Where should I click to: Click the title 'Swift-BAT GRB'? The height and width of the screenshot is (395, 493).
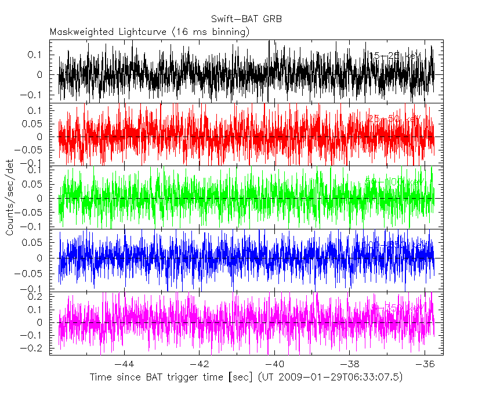tap(246, 19)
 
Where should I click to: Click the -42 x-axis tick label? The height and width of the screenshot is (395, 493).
tap(199, 364)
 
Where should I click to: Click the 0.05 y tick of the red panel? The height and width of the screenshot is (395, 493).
tap(36, 124)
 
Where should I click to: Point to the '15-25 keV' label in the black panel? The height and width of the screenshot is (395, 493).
tap(395, 56)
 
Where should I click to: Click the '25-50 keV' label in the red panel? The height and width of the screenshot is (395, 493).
tap(394, 119)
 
